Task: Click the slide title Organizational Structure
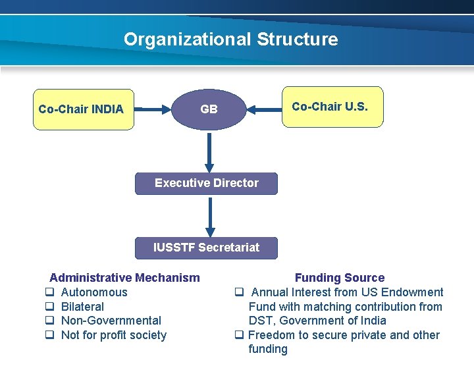tap(230, 40)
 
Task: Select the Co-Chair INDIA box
tap(84, 109)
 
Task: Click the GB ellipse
tap(209, 109)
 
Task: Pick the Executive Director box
tap(206, 183)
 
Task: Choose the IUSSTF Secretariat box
tap(206, 248)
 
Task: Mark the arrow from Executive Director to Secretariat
tap(209, 217)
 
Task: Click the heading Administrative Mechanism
tap(124, 278)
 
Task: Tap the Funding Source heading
tap(339, 278)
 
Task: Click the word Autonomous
tap(94, 292)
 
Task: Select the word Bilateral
tap(82, 307)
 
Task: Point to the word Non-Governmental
tap(111, 321)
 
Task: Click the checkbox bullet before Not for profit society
tap(49, 335)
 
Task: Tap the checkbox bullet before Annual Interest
tap(240, 292)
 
